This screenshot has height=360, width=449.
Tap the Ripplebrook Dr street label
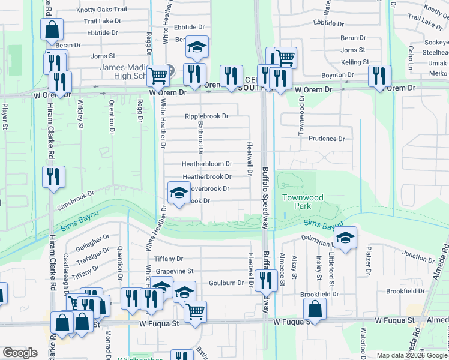(x=207, y=116)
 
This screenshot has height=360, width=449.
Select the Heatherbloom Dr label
(x=207, y=164)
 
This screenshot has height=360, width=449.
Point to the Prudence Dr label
(x=327, y=139)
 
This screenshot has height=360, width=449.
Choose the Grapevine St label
(x=175, y=271)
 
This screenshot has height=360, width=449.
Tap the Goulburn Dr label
(x=226, y=283)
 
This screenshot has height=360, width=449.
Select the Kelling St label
(x=354, y=62)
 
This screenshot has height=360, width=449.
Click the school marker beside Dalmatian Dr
(x=345, y=238)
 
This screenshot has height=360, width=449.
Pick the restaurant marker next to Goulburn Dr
(x=264, y=280)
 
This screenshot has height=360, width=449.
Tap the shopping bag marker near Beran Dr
(x=52, y=29)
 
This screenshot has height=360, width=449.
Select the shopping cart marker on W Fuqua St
(x=195, y=311)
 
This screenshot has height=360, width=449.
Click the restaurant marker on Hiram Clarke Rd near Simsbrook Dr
(x=53, y=176)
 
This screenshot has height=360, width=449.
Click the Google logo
(x=20, y=353)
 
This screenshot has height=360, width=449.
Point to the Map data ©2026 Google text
(x=412, y=355)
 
